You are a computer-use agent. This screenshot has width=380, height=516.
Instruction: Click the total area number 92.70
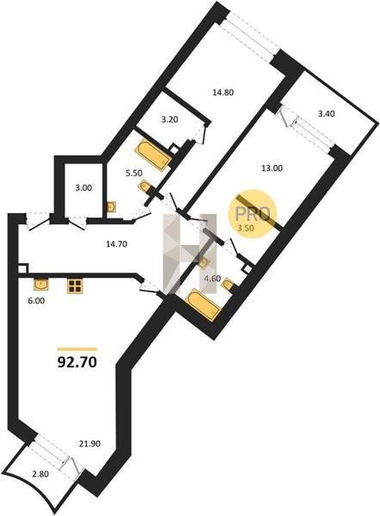pos(77,362)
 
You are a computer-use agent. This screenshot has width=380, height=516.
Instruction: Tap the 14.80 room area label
pos(223,93)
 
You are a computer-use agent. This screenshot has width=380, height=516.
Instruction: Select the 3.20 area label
pos(169,120)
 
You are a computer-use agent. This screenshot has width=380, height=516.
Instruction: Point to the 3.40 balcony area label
pos(327,114)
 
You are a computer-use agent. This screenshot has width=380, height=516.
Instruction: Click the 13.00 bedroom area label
pos(272,169)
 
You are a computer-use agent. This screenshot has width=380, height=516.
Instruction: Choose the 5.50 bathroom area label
pos(133,173)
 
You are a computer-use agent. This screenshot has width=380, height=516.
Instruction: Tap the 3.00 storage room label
pos(83,188)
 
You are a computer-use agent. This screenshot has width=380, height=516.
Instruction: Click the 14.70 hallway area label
pos(116,244)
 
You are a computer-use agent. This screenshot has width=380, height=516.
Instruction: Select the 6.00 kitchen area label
pos(36,300)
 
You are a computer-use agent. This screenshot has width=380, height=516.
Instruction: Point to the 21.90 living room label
pos(89,444)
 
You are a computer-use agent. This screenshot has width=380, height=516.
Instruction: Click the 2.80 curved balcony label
pos(40,474)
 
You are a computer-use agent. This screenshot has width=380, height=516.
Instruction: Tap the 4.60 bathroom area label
pos(212,279)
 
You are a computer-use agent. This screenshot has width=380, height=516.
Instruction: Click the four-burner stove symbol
pos(74,286)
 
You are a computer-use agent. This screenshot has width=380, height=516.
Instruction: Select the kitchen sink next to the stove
pos(41,285)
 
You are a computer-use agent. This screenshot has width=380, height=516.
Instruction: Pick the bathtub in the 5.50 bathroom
pos(153,155)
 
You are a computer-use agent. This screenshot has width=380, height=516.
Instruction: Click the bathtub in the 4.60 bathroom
pos(203,304)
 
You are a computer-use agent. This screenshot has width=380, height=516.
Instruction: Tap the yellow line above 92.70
pos(77,349)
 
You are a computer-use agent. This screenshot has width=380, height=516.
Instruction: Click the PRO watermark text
pos(253,214)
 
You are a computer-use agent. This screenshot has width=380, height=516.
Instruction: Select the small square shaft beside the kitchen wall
pos(22,268)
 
